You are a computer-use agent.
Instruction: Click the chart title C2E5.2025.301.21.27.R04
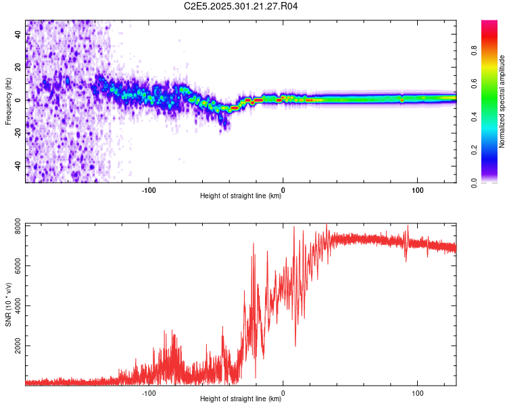241,6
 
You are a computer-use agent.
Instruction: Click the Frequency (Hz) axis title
8,101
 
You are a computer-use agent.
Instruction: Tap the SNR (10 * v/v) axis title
8,304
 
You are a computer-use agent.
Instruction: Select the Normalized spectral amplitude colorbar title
502,101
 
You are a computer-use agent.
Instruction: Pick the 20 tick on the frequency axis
18,67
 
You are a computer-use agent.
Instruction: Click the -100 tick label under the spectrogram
149,189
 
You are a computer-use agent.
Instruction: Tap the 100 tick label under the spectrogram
418,189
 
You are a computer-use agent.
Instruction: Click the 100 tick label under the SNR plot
418,392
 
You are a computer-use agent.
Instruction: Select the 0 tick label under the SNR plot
283,392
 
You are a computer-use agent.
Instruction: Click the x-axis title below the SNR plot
241,399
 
